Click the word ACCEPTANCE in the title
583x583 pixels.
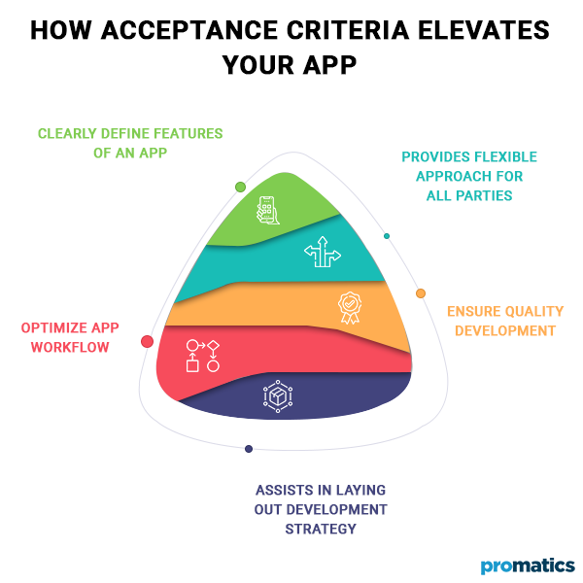click(189, 30)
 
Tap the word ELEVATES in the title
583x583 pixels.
click(484, 30)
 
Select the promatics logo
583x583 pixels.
click(528, 566)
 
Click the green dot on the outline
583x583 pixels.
click(241, 187)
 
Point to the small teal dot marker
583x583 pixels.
click(387, 236)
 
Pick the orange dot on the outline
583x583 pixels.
click(421, 293)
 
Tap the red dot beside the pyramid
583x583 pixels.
click(148, 341)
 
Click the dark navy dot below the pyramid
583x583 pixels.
click(249, 449)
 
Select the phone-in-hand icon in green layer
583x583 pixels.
click(268, 210)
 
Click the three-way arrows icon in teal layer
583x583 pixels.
click(323, 252)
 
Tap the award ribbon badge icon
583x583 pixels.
click(350, 308)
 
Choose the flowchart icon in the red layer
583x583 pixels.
click(203, 356)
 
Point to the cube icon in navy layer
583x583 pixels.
click(278, 396)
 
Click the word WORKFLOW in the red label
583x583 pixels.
click(70, 347)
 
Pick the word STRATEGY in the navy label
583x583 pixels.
click(321, 529)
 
